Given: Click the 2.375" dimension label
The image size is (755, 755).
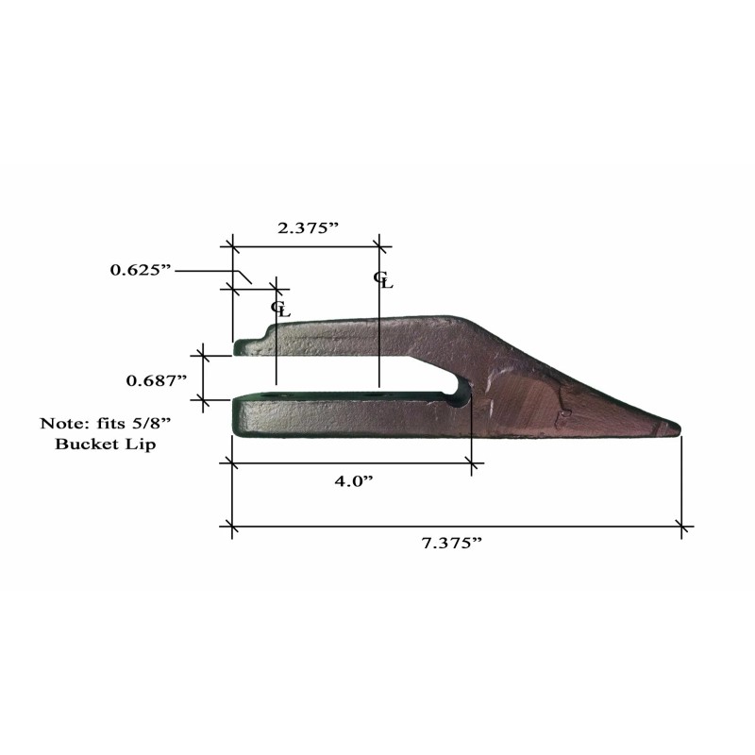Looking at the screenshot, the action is click(309, 227).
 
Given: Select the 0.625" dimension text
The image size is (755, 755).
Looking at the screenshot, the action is click(141, 270).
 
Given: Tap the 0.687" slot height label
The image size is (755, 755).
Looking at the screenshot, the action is click(156, 381).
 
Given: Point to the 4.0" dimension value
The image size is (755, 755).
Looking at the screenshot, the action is click(354, 481).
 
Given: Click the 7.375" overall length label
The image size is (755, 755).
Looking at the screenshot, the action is click(452, 544).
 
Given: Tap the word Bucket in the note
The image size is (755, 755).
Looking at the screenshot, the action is click(86, 444).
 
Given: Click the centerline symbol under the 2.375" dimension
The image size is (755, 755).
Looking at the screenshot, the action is click(383, 279).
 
